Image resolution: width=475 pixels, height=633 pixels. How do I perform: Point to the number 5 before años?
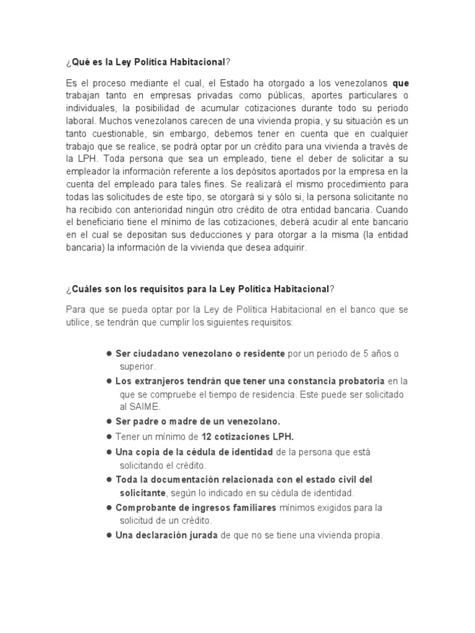coord(366,354)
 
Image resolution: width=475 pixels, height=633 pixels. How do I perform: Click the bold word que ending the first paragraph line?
coord(401,83)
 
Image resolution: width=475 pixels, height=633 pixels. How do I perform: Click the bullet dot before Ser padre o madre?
coord(109,421)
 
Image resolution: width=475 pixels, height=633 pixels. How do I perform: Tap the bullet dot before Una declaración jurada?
coord(109,535)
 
